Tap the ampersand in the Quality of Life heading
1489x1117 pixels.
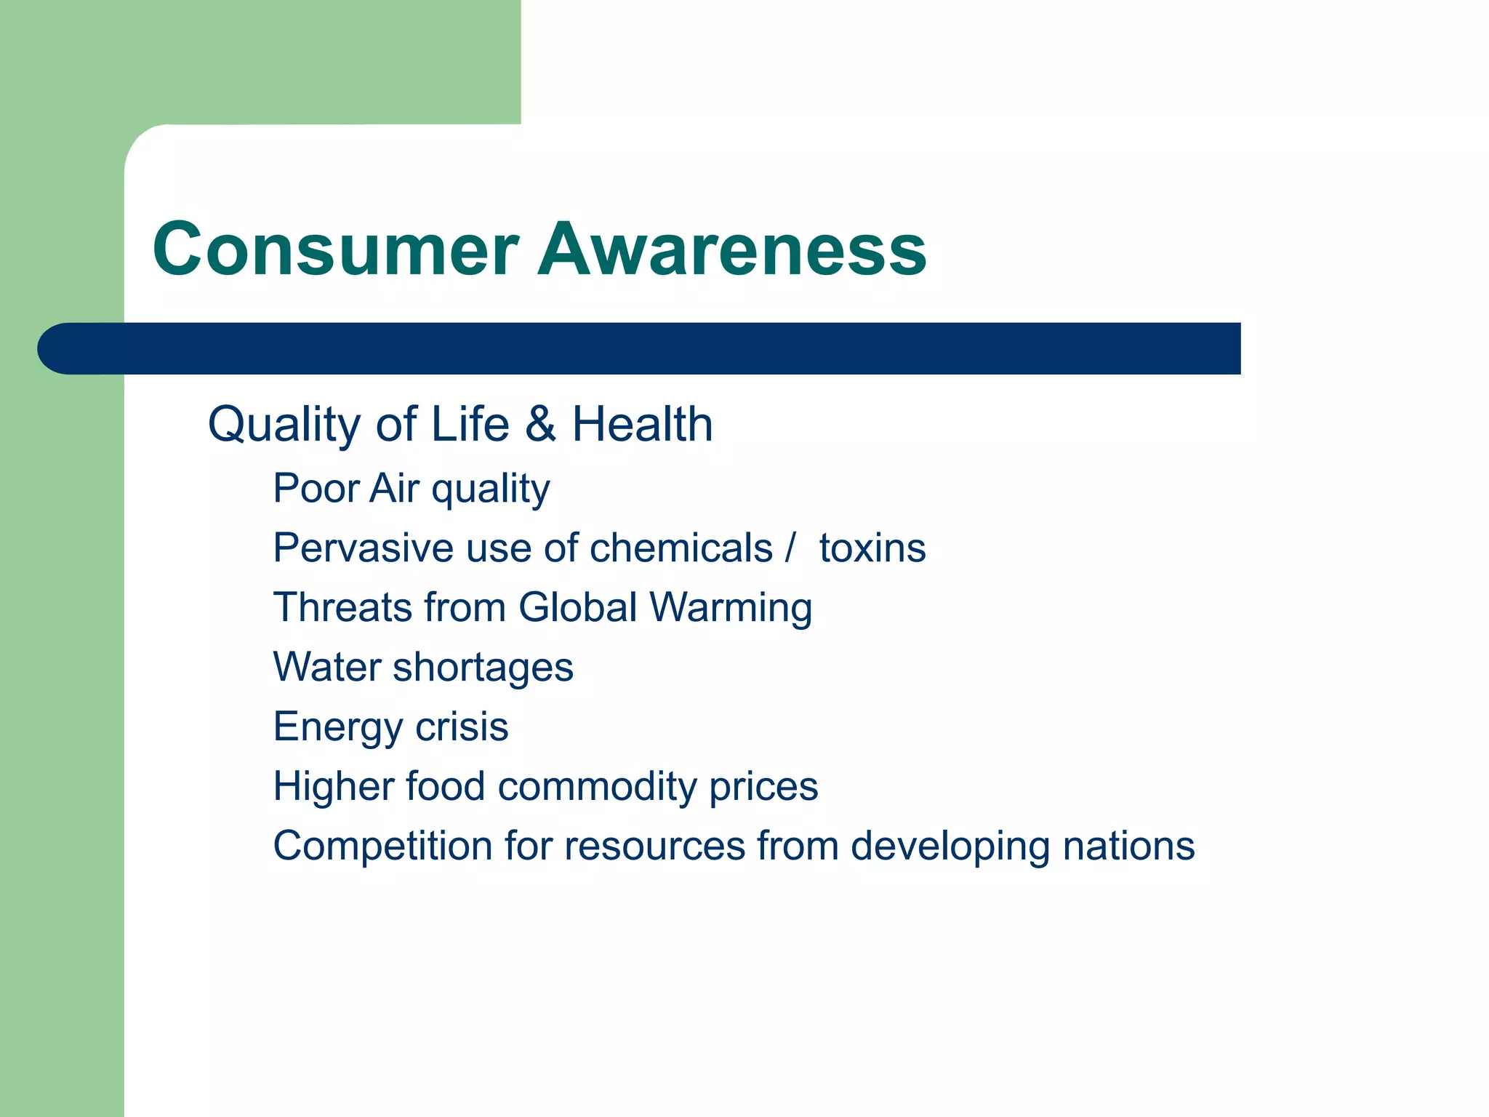click(x=540, y=424)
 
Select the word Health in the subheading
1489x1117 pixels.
click(x=642, y=424)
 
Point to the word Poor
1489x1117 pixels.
click(x=316, y=488)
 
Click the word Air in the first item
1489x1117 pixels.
click(x=394, y=488)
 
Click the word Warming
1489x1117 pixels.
click(x=731, y=609)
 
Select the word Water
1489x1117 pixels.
click(x=327, y=667)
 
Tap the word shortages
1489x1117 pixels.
click(x=483, y=668)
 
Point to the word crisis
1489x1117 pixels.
click(x=462, y=726)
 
